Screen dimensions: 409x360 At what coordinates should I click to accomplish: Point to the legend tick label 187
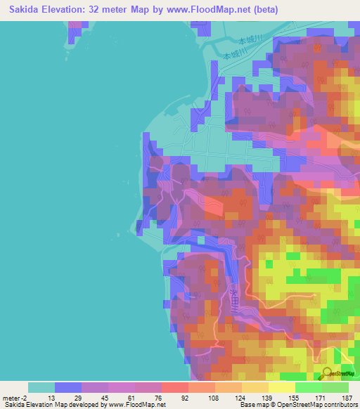(346, 397)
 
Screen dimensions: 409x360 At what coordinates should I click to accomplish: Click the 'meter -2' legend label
(13, 397)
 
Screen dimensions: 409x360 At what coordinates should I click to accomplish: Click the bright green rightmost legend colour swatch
(335, 387)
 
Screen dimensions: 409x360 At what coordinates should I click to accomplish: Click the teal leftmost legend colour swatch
(41, 387)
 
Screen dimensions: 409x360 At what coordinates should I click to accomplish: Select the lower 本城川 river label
(233, 54)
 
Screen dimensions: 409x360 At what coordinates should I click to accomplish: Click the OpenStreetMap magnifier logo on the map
(328, 375)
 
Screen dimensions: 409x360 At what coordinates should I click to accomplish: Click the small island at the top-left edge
(74, 31)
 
